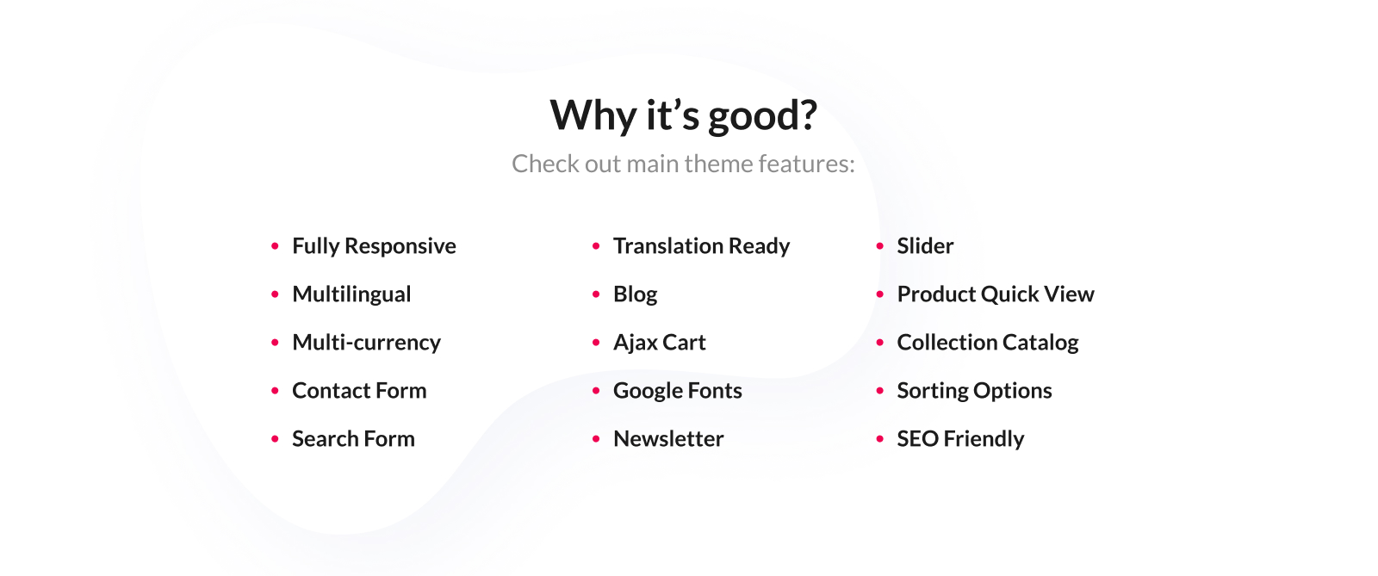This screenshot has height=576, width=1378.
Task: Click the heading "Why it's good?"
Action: click(684, 115)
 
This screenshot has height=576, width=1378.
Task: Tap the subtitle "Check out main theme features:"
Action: click(684, 164)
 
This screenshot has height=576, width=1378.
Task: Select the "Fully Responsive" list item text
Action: click(374, 246)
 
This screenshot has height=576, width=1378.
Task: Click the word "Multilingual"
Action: click(351, 294)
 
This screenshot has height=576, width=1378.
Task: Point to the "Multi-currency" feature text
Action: click(367, 343)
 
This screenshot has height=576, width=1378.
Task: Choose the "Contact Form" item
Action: click(359, 390)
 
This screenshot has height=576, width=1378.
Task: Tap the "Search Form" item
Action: click(354, 439)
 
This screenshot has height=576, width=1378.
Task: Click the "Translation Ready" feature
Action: click(701, 246)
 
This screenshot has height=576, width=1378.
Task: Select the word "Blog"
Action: click(636, 294)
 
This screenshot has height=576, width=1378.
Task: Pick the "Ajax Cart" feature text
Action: click(660, 343)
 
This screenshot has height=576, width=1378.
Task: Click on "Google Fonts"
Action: click(678, 391)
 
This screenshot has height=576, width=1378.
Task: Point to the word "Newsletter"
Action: click(668, 439)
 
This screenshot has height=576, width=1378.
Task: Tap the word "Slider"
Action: click(925, 246)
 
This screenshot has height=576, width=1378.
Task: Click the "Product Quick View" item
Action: click(996, 294)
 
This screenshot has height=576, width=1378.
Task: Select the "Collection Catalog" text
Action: click(988, 343)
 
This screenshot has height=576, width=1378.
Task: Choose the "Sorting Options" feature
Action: click(974, 391)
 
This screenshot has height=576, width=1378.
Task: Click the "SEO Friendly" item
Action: click(960, 439)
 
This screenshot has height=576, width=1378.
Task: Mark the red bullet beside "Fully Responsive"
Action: click(275, 246)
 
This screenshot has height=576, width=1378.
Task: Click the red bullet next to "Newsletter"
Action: click(596, 439)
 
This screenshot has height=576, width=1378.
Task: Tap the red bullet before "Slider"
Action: click(879, 246)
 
